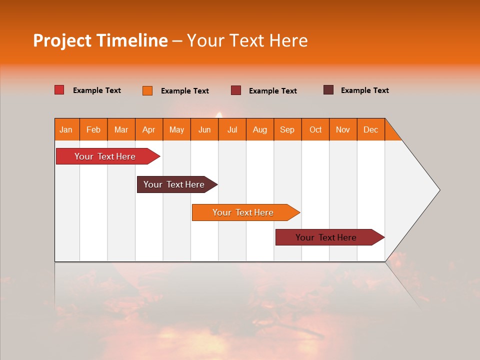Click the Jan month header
coord(66,129)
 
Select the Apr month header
coord(148,129)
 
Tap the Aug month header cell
coord(259,129)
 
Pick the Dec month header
coord(370,129)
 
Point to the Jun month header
coord(204,129)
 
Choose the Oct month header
coord(315,129)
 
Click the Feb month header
coord(93,129)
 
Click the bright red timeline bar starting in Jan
coord(105,156)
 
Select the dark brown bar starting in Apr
coord(174,184)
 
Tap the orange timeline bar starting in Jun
coord(243,212)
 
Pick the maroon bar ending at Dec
coord(326,237)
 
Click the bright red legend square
coord(59,90)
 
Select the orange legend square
coord(147,90)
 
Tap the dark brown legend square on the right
coord(328,90)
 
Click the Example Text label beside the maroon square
coord(272,91)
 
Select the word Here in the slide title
coord(288,40)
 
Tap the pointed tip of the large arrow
coord(438,190)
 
